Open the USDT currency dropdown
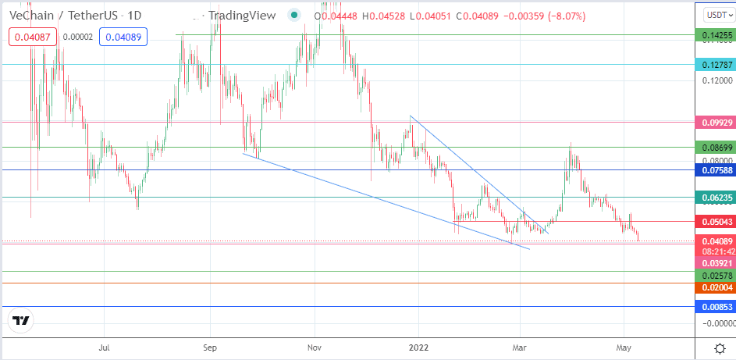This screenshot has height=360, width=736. [x=719, y=15]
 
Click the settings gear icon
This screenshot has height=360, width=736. [x=719, y=349]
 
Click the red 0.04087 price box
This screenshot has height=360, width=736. [x=33, y=37]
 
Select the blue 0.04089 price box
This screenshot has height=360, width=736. [x=123, y=37]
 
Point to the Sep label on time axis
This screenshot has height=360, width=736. [x=211, y=348]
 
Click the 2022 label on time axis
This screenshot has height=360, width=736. [x=418, y=348]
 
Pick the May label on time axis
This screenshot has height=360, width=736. [x=623, y=348]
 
